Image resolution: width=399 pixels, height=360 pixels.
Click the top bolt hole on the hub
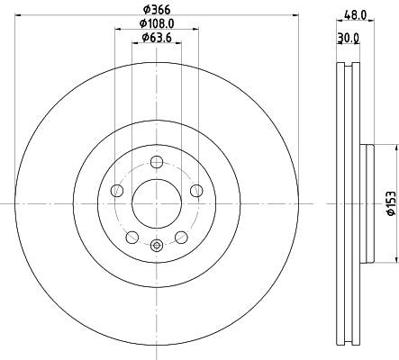tap(157, 162)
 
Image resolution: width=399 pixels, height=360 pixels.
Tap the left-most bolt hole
tap(117, 191)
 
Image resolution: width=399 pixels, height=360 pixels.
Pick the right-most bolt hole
tap(196, 189)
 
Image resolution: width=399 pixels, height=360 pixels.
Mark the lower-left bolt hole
tap(132, 237)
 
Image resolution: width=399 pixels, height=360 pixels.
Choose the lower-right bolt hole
tap(181, 237)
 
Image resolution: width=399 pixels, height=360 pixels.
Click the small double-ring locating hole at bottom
tap(157, 246)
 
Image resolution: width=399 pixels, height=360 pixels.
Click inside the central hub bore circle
tap(157, 203)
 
